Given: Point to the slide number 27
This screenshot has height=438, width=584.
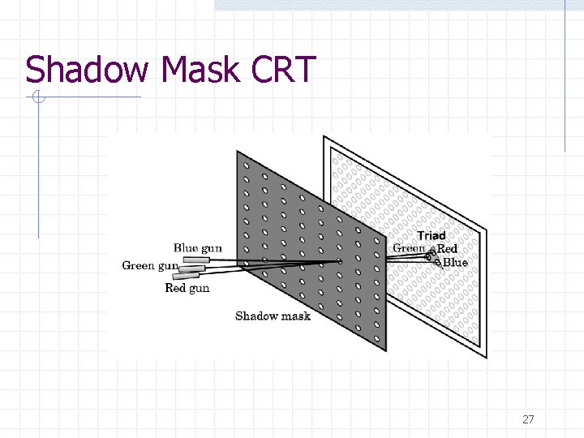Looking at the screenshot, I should [528, 419].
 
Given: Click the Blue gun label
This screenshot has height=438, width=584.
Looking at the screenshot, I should [197, 247].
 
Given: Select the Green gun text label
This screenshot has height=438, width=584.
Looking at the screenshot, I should [150, 265].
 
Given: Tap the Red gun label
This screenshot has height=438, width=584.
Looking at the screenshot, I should [187, 288].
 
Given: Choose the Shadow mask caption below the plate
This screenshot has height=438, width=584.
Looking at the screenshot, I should [273, 316].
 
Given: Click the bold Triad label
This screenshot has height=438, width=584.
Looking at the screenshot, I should [432, 235].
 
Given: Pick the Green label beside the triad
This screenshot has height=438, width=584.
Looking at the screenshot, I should [409, 248].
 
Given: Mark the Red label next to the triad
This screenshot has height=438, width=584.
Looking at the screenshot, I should [448, 249].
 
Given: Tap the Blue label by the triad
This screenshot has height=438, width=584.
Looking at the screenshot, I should [455, 262].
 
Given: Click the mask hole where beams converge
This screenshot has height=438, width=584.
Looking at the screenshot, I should [340, 261].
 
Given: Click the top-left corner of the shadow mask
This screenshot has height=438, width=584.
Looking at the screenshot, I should [238, 152].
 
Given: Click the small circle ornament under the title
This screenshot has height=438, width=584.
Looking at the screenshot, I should [36, 98].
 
